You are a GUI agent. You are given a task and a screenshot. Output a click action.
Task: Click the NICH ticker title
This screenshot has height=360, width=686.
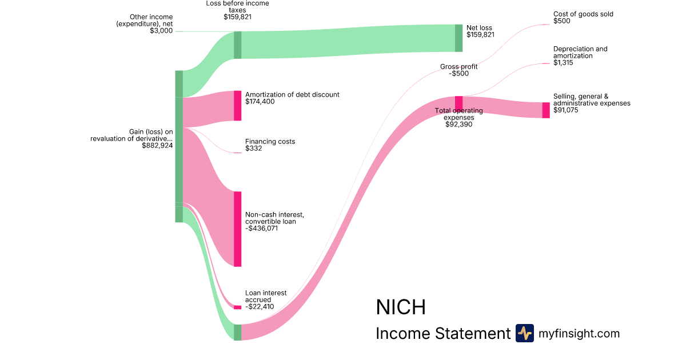[401, 307]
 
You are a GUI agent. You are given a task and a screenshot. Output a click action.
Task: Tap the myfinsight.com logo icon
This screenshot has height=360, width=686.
[524, 333]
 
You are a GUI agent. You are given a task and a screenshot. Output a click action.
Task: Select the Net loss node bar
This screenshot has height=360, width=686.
[458, 38]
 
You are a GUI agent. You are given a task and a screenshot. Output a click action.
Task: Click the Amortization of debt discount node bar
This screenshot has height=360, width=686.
[237, 106]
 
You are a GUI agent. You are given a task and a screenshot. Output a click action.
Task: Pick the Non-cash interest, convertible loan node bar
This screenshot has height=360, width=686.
[237, 229]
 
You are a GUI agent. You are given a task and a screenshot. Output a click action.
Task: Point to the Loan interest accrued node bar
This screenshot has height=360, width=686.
[237, 307]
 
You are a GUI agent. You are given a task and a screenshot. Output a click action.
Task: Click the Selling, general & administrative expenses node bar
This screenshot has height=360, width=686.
[546, 110]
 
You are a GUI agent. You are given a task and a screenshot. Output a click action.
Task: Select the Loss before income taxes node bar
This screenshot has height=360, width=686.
[237, 45]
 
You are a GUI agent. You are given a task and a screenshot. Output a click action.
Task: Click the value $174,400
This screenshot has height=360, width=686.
[260, 102]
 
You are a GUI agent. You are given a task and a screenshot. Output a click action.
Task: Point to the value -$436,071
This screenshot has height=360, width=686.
[262, 229]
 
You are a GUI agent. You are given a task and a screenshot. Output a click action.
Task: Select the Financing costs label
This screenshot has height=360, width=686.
[270, 141]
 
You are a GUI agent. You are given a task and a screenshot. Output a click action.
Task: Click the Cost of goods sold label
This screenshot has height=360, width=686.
[583, 14]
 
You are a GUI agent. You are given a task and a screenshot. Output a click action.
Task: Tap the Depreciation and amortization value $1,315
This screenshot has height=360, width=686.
[563, 63]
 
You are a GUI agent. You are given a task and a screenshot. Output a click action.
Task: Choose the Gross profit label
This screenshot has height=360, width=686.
[458, 67]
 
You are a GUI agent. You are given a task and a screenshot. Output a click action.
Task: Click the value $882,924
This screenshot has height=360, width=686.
[157, 146]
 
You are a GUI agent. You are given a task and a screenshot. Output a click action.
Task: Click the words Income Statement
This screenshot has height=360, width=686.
[442, 334]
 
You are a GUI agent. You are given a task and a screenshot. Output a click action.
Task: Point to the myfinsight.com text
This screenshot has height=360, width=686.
[579, 334]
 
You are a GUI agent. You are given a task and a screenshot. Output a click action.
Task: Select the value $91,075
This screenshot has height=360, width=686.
[566, 110]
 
